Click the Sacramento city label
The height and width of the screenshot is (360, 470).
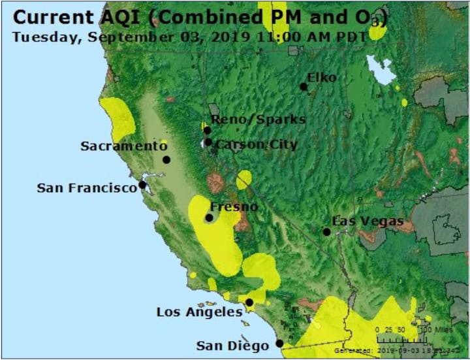(123, 146)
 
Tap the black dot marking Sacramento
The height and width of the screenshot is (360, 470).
(166, 159)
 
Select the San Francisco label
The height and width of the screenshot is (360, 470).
(87, 188)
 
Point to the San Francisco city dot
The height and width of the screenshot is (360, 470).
(142, 186)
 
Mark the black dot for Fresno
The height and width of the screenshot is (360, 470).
(210, 218)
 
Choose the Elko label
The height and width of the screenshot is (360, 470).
(322, 78)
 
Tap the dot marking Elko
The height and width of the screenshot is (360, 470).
(304, 86)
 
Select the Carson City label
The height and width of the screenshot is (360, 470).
(257, 144)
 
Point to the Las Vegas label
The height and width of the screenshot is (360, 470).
(368, 221)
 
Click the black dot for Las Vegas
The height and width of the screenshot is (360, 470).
(326, 232)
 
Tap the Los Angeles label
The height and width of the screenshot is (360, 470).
(199, 312)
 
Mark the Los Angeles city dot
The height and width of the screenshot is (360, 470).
(249, 302)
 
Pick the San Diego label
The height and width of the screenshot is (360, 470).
(233, 346)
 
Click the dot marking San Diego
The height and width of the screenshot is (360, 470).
(279, 343)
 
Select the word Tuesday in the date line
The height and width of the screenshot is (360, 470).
(44, 36)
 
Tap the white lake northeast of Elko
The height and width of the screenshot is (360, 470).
(380, 68)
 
